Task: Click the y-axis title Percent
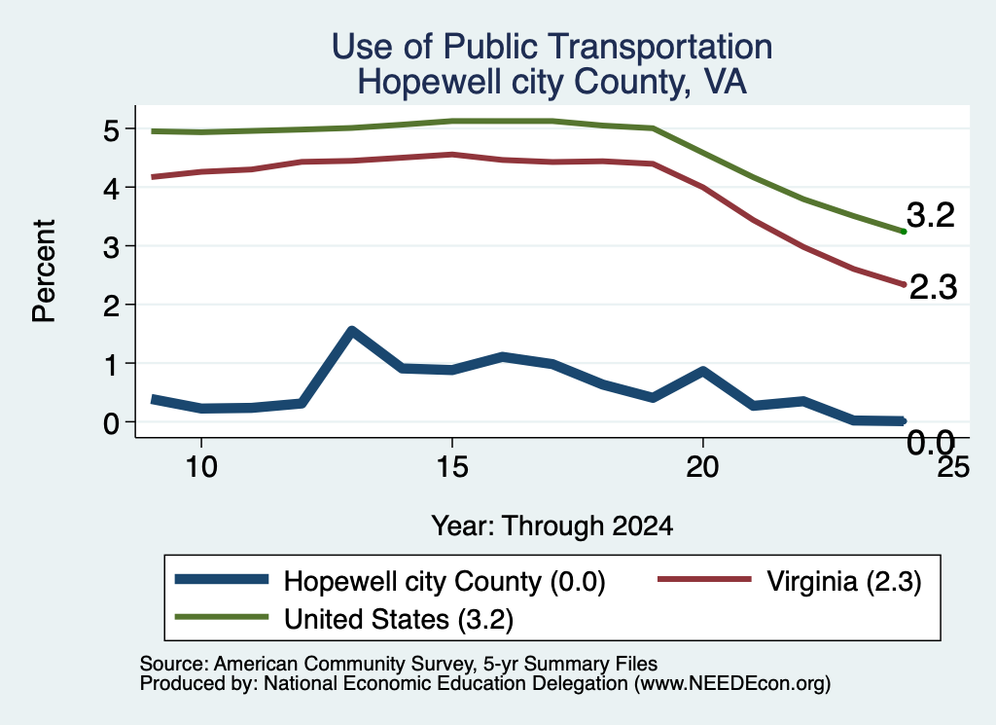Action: coord(44,272)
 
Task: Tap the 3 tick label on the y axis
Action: coord(112,247)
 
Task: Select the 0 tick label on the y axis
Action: coord(112,423)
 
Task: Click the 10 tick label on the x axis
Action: coord(201,467)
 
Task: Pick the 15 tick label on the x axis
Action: coord(451,467)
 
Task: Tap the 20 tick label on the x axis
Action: coord(702,467)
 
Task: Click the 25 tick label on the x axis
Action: coord(953,467)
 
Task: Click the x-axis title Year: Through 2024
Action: coord(552,526)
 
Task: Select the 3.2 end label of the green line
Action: coord(931,215)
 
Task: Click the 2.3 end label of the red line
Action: coord(933,287)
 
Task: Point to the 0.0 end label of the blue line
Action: coord(931,442)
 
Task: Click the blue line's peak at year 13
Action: coord(351,331)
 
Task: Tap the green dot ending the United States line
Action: coord(904,232)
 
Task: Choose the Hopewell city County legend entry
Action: coord(389,581)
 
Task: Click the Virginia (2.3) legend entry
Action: coord(790,581)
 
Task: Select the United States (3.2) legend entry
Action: coord(343,619)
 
